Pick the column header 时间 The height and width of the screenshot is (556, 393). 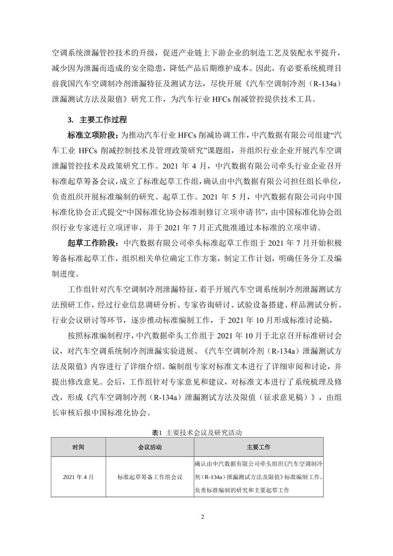coord(78,447)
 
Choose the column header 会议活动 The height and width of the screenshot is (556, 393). coord(150,447)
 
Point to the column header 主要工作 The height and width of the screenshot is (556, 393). coord(258,447)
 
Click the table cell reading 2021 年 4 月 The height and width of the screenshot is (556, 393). coord(78,477)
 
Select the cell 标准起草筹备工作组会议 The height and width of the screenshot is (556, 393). coord(150,477)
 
